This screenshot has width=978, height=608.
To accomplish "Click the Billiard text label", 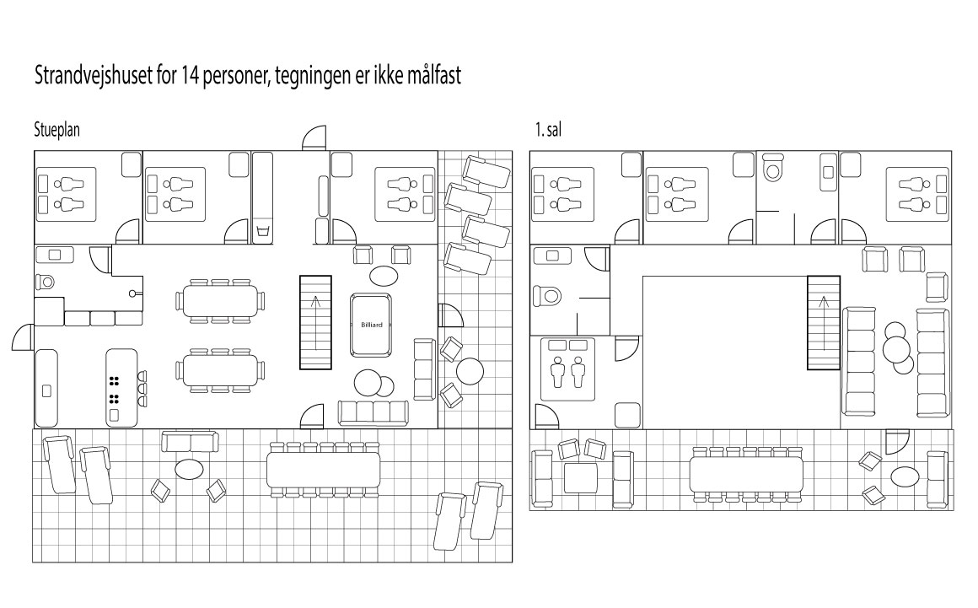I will point(372,323).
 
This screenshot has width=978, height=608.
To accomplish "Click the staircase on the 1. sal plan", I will point(823,323).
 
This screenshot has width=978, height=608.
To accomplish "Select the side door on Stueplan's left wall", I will point(23,339).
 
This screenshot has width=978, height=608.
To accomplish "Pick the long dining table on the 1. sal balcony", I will point(746,474).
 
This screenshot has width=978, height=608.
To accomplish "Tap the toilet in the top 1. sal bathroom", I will point(771,172).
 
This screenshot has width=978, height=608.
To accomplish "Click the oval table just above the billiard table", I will point(383,275).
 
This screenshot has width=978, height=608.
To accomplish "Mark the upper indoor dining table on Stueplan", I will point(218,300).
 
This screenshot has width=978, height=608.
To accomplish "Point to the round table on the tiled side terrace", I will point(469,372).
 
